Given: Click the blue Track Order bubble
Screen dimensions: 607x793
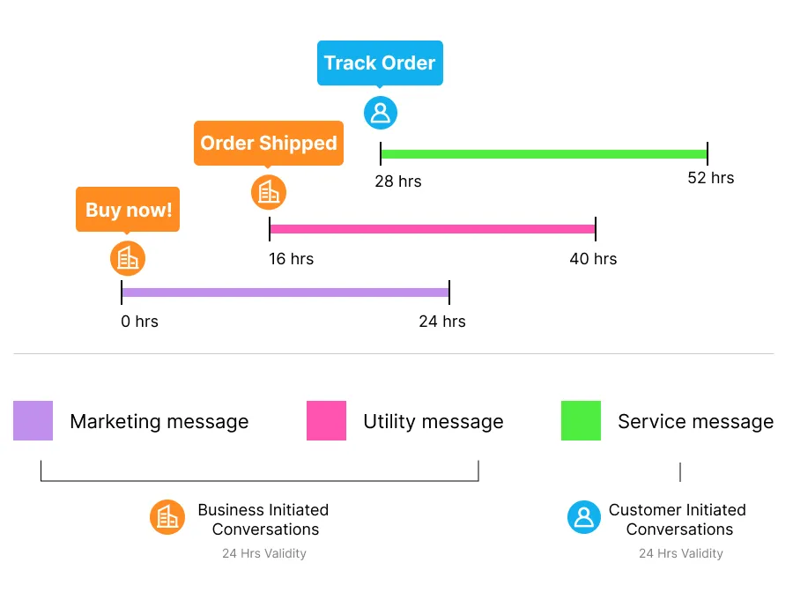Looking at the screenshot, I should click(x=380, y=63).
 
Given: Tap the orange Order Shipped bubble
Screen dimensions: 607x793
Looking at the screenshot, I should click(x=269, y=144).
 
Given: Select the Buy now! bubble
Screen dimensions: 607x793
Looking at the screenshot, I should click(x=128, y=211).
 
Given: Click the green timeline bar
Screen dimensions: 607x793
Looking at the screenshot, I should click(x=544, y=154).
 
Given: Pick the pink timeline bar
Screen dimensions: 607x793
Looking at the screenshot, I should click(x=433, y=229).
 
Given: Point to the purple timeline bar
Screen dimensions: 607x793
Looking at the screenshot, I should click(x=285, y=292).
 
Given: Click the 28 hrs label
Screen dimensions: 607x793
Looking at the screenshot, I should click(x=398, y=182).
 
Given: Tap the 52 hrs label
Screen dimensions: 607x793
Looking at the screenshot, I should click(x=710, y=178).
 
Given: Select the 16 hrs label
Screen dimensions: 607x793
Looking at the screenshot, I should click(x=291, y=259).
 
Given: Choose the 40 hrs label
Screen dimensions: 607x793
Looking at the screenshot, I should click(x=593, y=259).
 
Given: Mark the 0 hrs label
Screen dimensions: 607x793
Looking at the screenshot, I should click(x=139, y=322).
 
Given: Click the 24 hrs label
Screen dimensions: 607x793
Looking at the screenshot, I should click(x=441, y=322).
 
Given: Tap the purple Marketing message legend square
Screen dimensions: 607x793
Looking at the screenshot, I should click(x=33, y=420).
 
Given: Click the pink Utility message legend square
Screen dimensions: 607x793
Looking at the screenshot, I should click(x=326, y=420).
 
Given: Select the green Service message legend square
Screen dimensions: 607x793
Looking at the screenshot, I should click(x=581, y=420).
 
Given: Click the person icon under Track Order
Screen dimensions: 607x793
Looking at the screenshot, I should click(x=381, y=113).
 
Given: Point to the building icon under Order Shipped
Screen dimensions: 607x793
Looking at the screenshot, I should click(x=269, y=192).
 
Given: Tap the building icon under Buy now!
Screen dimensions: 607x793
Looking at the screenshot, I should click(x=128, y=258).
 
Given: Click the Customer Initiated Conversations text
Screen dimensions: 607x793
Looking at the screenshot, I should click(x=678, y=520).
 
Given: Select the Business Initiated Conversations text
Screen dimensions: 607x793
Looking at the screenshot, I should click(x=263, y=520).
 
